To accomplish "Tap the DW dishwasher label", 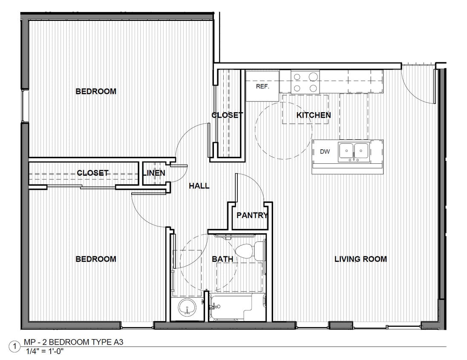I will [x=325, y=151].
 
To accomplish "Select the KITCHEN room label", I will [x=314, y=115].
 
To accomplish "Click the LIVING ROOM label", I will [x=360, y=259].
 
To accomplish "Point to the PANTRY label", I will [x=252, y=215].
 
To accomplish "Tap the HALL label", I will [x=199, y=186].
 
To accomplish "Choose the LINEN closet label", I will [x=154, y=173].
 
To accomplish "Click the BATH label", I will [x=222, y=259].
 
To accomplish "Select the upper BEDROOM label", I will [x=96, y=91].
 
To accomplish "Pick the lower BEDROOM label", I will [x=96, y=259].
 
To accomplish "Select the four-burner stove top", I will [x=306, y=82].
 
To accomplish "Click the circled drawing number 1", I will [x=15, y=347].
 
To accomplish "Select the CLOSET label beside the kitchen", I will [x=228, y=115].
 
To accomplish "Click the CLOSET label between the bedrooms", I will [x=92, y=173].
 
